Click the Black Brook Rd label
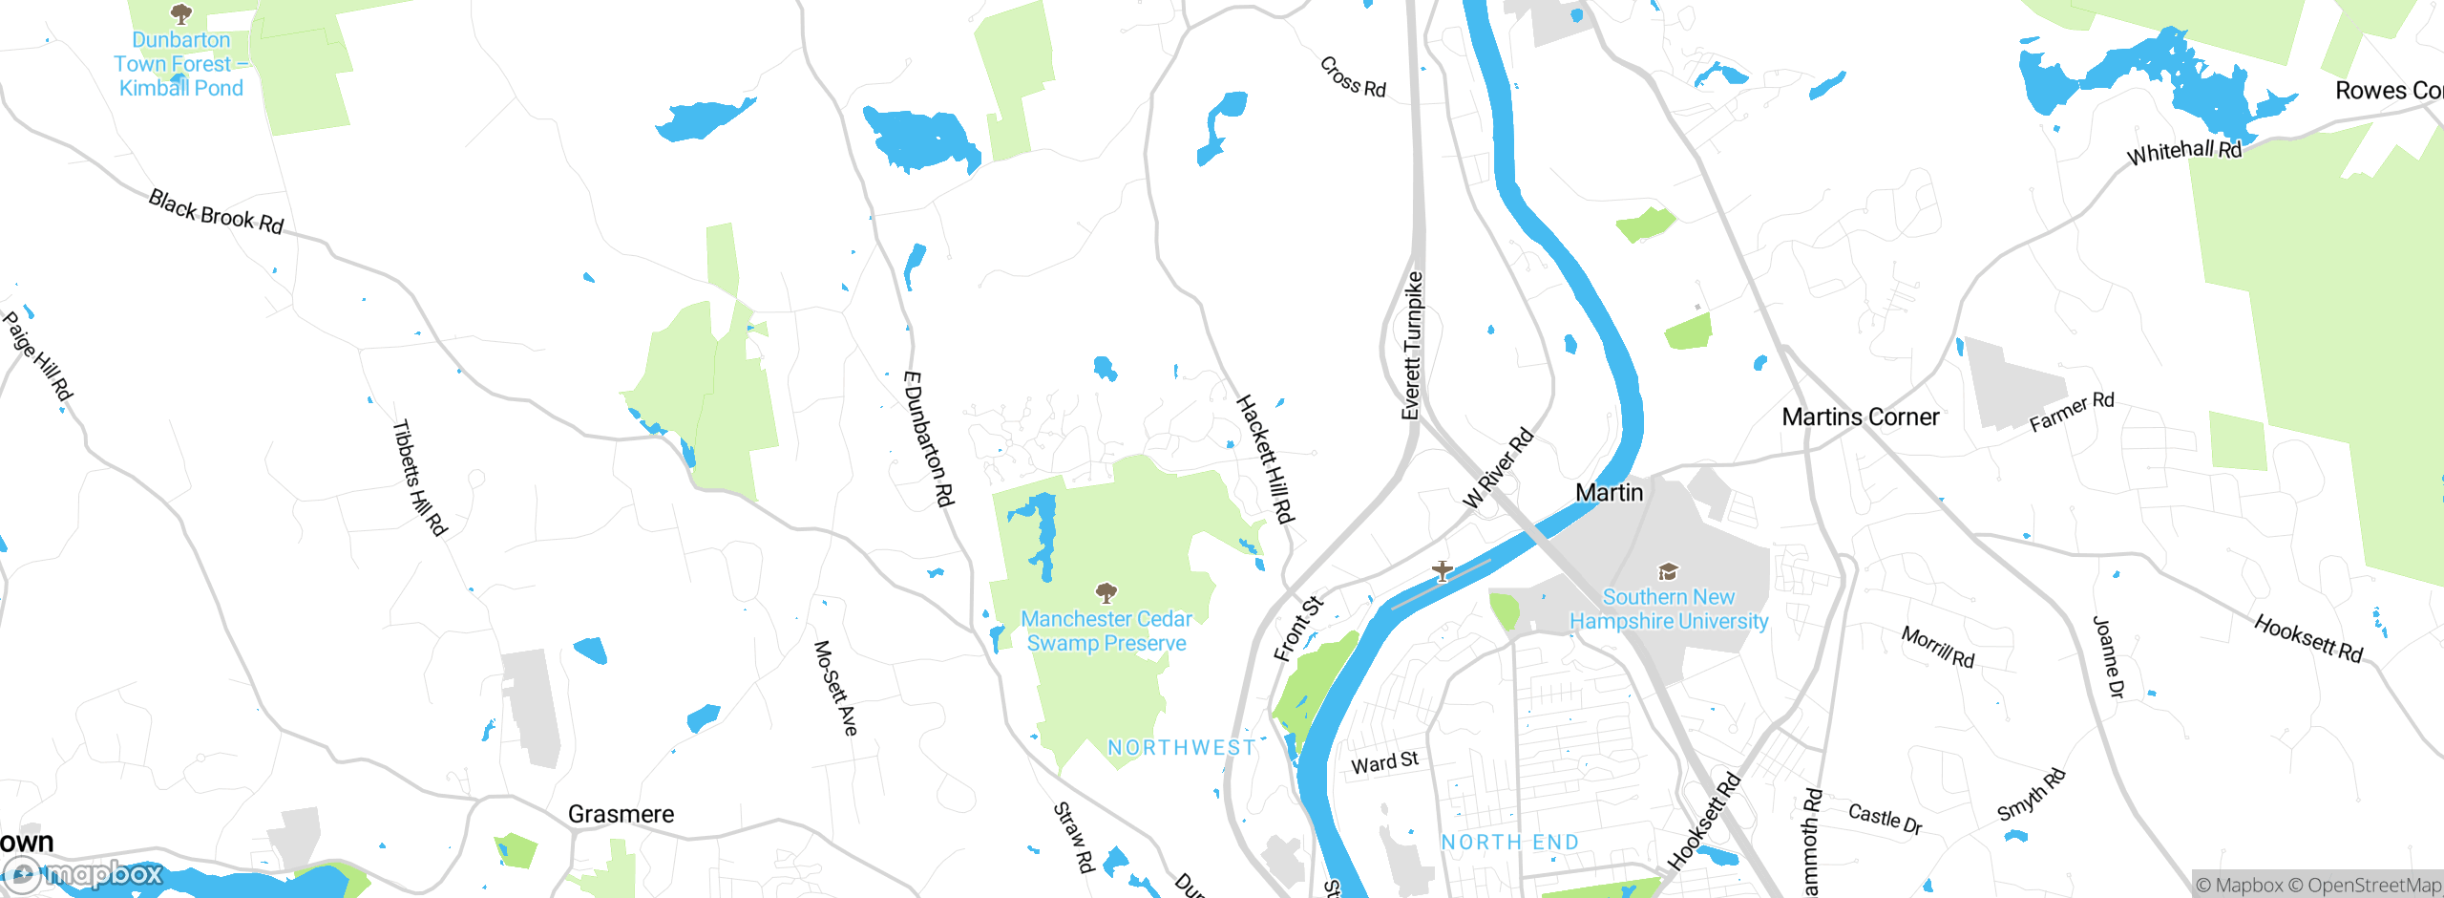click(217, 212)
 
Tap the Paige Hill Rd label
click(38, 356)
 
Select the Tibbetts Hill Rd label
click(420, 478)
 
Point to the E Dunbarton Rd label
click(928, 438)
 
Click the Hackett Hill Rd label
click(1265, 460)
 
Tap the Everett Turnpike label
click(1412, 346)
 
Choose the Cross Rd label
click(1353, 77)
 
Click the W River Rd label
click(1498, 468)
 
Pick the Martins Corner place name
click(1861, 417)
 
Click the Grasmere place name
click(621, 814)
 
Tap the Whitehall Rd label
click(2184, 152)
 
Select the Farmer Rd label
click(2072, 412)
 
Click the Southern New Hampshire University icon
click(1668, 572)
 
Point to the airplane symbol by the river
click(1443, 571)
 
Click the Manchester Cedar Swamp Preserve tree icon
click(1106, 593)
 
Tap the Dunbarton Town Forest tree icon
click(180, 13)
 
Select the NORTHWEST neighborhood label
click(1182, 748)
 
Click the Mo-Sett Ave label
click(835, 688)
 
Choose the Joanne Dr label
click(2108, 657)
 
